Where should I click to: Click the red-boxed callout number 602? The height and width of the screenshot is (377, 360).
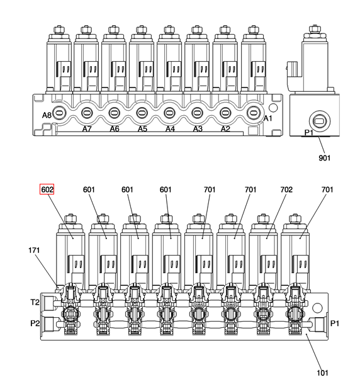tap(47, 189)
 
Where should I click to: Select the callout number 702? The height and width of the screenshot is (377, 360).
tap(286, 189)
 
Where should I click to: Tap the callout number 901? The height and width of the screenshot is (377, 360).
tap(324, 158)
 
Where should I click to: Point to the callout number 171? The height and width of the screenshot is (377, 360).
tap(34, 250)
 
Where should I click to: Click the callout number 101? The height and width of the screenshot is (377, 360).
tap(322, 373)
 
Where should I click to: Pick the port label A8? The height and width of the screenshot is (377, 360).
tap(47, 115)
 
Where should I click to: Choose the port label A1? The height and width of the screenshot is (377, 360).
tap(267, 118)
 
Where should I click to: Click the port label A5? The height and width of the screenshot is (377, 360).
tap(142, 129)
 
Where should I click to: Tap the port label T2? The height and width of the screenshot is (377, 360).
tap(35, 302)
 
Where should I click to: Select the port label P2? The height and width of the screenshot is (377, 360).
tap(35, 323)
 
